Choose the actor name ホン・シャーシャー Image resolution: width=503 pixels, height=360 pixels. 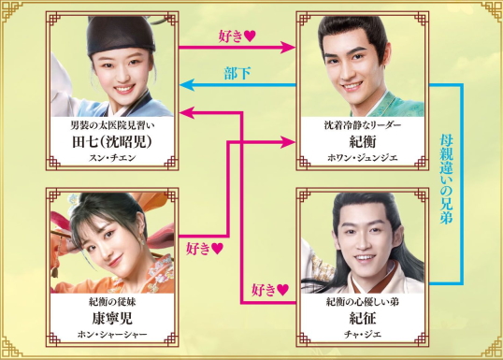pyautogui.click(x=106, y=334)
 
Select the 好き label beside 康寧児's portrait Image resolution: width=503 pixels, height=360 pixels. pyautogui.click(x=204, y=249)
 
